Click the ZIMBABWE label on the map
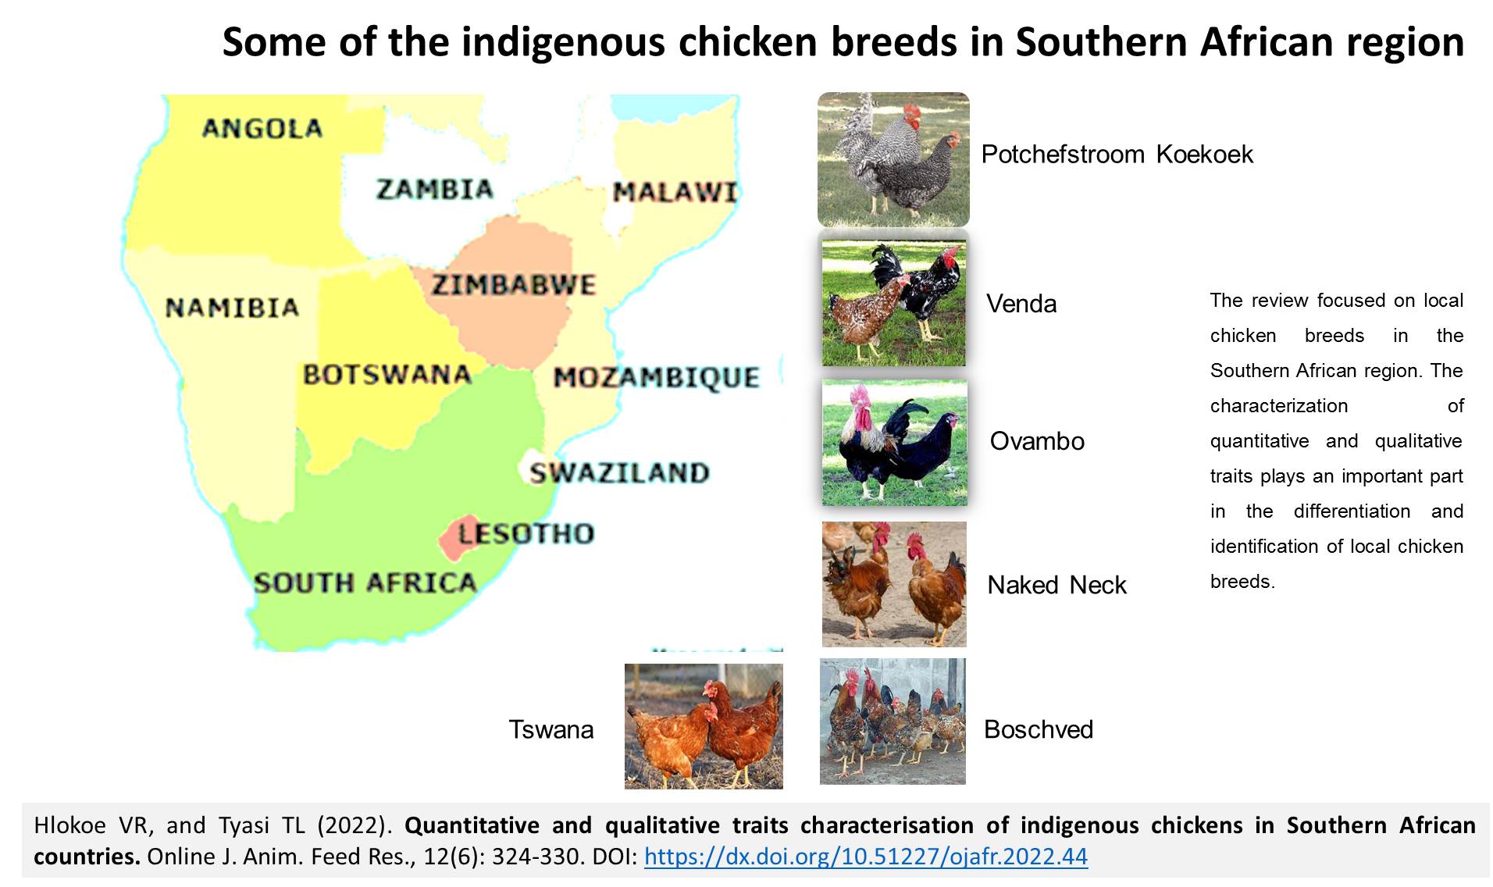click(x=515, y=285)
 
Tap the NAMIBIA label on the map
click(x=233, y=308)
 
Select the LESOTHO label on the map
click(x=526, y=533)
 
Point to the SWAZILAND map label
click(x=619, y=472)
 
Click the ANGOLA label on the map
click(x=262, y=128)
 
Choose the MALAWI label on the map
click(x=675, y=191)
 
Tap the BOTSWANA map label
click(x=387, y=375)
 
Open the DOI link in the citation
click(x=866, y=857)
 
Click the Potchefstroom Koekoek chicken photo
click(x=893, y=159)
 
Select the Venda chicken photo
click(x=894, y=303)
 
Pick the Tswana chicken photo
click(x=704, y=726)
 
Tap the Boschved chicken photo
click(x=893, y=721)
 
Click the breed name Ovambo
click(x=1037, y=441)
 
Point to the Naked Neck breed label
click(x=1057, y=585)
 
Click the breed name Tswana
click(x=551, y=729)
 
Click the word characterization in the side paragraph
click(x=1279, y=406)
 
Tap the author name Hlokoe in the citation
click(x=70, y=825)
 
